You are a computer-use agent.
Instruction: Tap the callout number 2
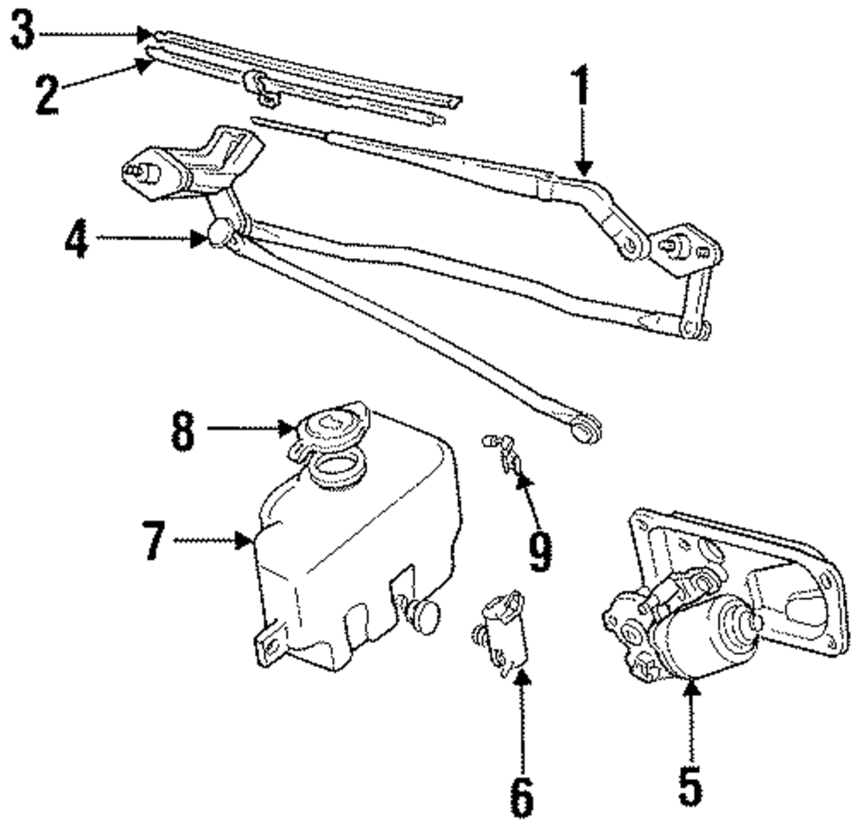[48, 95]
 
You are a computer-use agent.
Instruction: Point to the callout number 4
[78, 241]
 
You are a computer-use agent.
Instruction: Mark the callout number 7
[154, 541]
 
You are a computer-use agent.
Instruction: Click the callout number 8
[181, 430]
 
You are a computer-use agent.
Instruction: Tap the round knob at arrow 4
[219, 233]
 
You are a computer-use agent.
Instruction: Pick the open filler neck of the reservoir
[337, 470]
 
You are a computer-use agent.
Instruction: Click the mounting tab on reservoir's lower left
[269, 644]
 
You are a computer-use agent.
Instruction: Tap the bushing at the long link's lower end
[588, 427]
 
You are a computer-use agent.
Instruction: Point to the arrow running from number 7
[212, 541]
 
